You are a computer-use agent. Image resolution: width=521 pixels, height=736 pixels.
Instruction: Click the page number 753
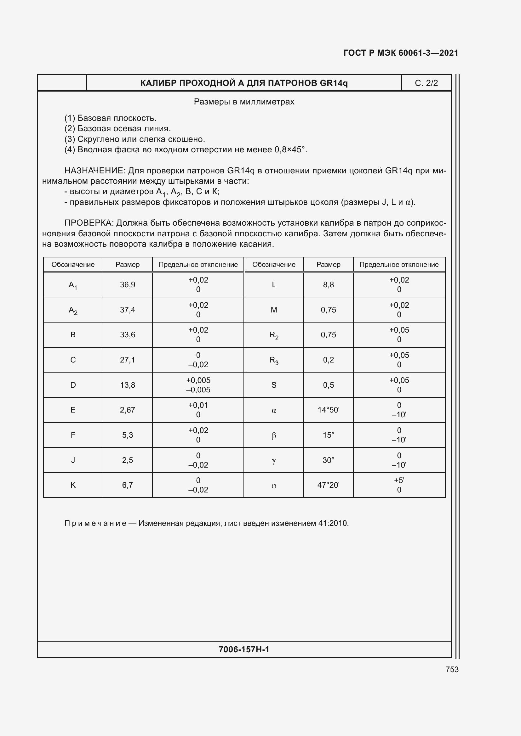452,669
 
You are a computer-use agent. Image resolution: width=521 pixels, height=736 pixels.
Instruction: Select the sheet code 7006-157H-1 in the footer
244,649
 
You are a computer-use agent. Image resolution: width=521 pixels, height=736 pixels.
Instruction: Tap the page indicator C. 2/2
426,83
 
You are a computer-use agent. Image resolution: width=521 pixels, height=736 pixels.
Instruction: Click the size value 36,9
127,285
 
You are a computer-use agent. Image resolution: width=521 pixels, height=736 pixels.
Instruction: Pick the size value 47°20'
328,485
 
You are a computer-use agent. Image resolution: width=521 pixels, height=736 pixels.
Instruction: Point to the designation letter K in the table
73,485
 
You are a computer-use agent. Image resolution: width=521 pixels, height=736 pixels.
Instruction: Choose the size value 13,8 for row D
127,385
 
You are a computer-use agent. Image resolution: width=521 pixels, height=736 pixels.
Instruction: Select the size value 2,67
127,410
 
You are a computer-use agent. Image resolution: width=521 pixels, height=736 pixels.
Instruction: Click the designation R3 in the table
274,360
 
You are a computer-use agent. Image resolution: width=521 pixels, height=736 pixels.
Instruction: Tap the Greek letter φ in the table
274,486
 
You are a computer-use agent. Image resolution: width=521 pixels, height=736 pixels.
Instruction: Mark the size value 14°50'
328,410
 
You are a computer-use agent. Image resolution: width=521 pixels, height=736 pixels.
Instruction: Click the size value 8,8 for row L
328,285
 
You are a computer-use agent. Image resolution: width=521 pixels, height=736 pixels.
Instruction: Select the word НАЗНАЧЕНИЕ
94,171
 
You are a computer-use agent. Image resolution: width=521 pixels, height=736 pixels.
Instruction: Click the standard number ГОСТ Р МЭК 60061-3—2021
401,53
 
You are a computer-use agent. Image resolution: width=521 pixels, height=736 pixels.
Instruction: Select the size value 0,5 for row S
328,385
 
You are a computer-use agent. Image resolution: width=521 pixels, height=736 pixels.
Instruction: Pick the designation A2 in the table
73,310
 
